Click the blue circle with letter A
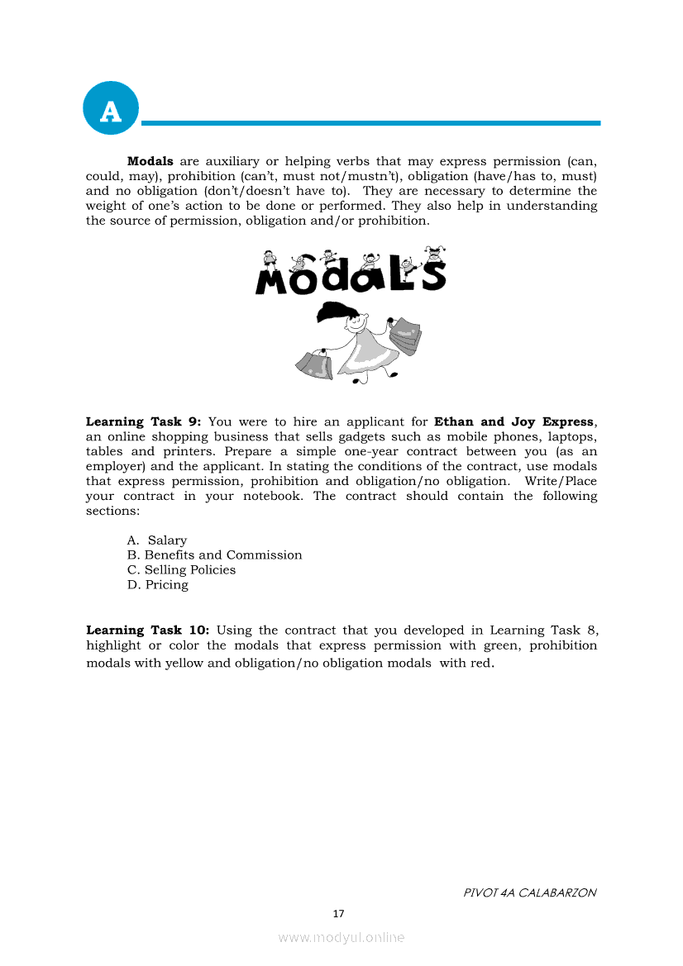coord(111,108)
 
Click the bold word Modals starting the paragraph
coord(150,161)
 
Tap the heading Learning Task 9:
coord(144,421)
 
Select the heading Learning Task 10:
coord(148,630)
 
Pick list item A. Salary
coord(157,540)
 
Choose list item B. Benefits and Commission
coord(215,555)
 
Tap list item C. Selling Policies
coord(182,570)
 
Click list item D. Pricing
coord(158,585)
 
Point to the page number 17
coord(337,913)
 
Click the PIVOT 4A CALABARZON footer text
coord(529,892)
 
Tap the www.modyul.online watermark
coord(341,937)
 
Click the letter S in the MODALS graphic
coord(433,275)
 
